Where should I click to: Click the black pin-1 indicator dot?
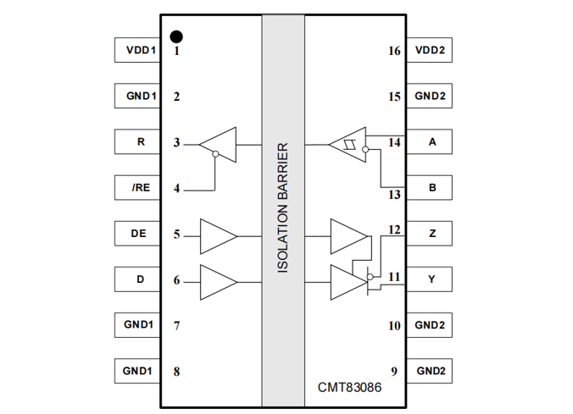[176, 36]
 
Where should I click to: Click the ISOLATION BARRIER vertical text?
[283, 207]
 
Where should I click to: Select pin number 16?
[393, 51]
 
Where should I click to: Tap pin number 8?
[176, 371]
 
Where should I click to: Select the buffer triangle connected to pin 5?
[217, 235]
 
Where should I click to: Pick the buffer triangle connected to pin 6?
[217, 281]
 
